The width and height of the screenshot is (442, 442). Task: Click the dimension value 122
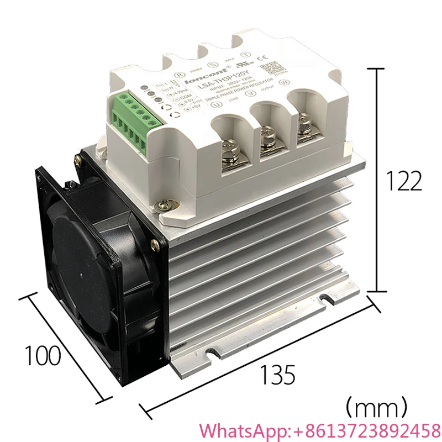point(404,180)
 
